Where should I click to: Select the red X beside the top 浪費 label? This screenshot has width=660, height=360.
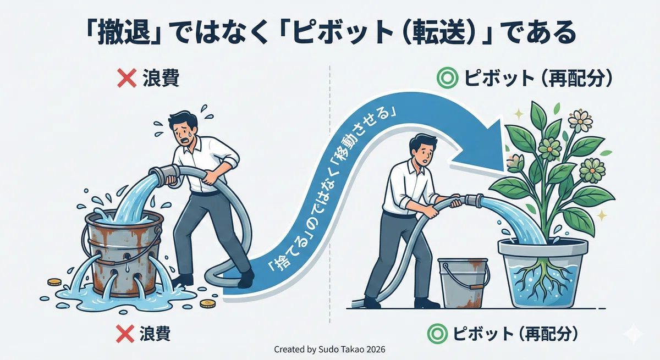coord(127,78)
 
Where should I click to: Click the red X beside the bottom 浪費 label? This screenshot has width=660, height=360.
coord(125,334)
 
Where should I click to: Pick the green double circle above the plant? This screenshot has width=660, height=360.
coord(447,78)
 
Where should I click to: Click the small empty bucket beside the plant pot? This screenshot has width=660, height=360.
coord(463,283)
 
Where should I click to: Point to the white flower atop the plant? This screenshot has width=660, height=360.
coord(580,121)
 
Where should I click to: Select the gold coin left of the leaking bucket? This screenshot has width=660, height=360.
coord(54,283)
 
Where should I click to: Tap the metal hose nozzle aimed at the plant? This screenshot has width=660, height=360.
coord(473,200)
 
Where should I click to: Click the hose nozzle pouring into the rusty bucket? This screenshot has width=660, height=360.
coord(164,176)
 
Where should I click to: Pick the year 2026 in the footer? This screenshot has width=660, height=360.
coord(376,350)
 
